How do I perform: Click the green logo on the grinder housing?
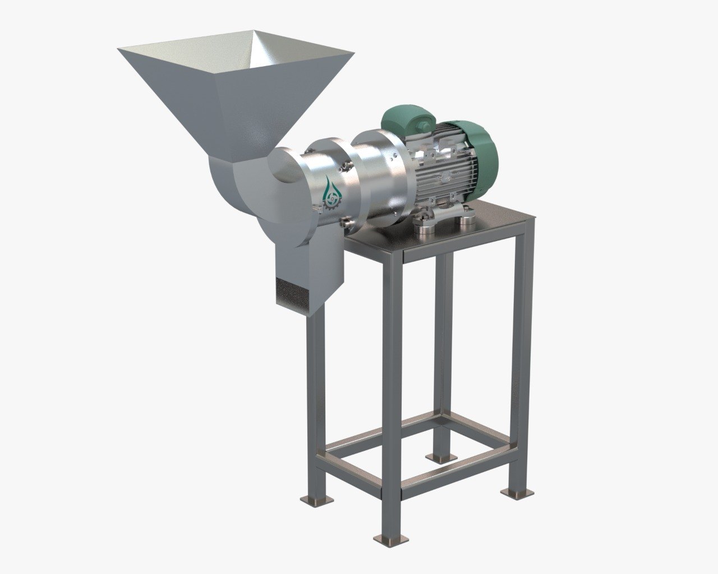click(330, 194)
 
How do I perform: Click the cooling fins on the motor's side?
click(449, 168)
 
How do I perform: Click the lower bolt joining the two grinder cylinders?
click(347, 224)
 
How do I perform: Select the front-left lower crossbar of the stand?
click(348, 474)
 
